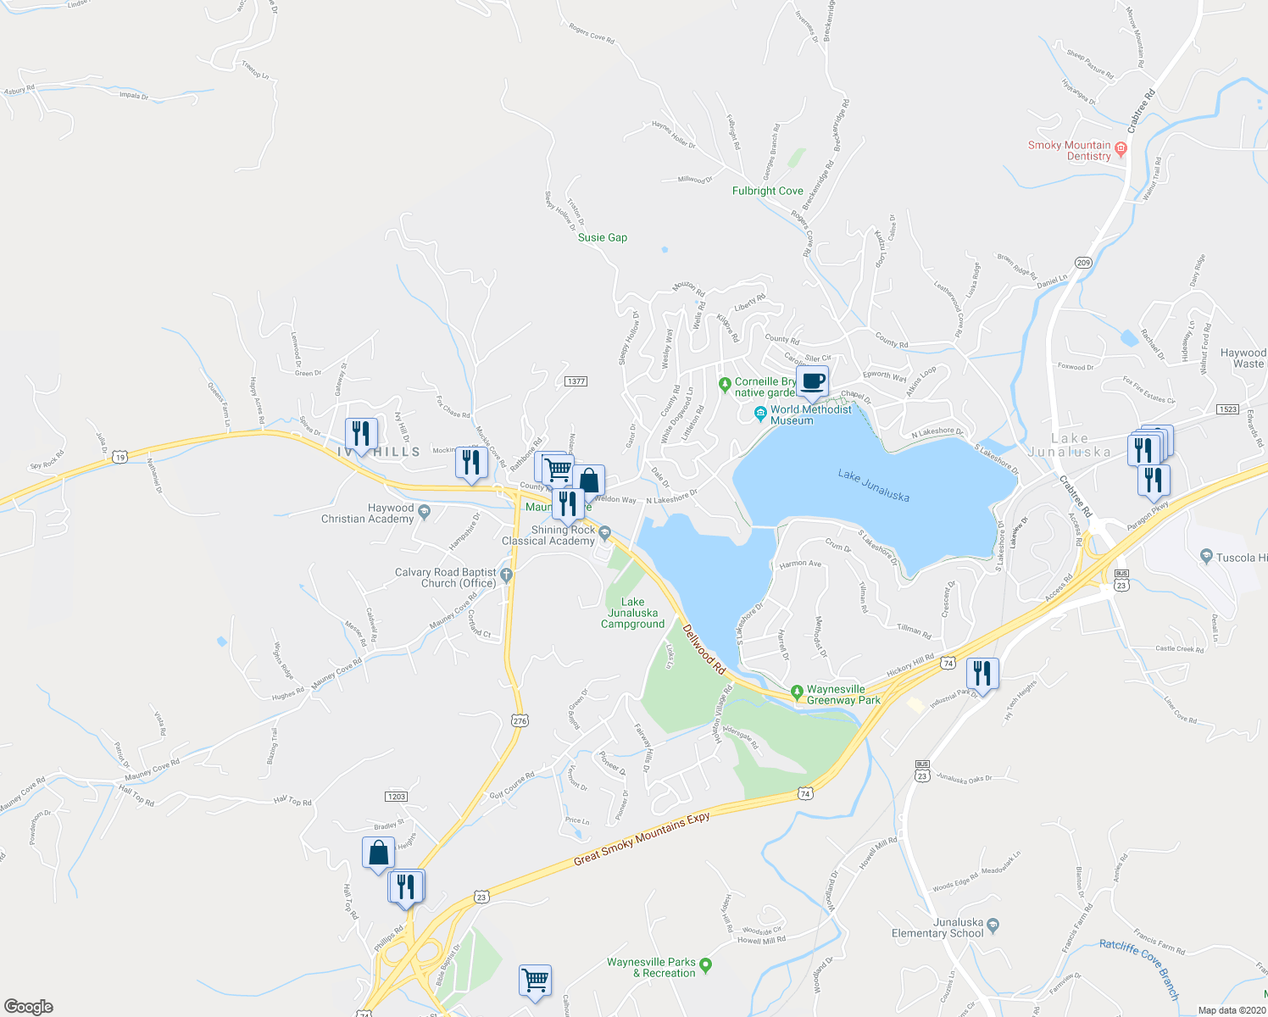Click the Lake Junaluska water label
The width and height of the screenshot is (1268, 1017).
point(873,485)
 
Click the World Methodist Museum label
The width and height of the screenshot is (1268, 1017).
point(810,414)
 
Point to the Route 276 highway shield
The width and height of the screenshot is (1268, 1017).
point(520,720)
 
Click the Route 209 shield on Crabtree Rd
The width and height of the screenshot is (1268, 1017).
point(1083,263)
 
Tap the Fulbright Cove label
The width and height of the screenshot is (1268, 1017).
point(767,191)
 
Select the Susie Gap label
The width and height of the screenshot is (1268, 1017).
point(603,237)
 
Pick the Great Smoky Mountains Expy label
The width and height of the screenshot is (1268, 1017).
point(642,838)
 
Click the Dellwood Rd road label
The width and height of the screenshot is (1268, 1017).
point(704,650)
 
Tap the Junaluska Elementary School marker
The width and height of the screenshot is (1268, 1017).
point(993,924)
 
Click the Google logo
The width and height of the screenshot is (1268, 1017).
point(28,1007)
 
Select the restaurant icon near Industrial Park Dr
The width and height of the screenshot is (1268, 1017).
point(982,673)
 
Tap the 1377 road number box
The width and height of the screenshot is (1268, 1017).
point(576,381)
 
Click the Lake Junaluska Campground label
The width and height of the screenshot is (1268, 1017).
point(632,613)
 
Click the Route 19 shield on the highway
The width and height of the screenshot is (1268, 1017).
point(121,456)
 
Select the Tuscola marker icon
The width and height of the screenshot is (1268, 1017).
point(1206,557)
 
